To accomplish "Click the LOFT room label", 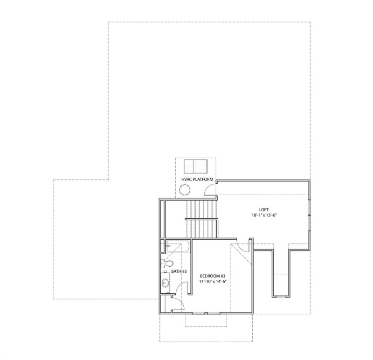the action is [264, 210].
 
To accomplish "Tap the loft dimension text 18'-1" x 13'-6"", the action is [264, 215].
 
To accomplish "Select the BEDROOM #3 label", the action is [213, 276].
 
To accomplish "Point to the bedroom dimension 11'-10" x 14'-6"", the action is [213, 281].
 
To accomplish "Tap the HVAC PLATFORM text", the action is [197, 180].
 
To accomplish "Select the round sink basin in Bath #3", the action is [166, 283].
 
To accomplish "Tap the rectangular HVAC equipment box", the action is [195, 166].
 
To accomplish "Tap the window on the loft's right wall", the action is [310, 215].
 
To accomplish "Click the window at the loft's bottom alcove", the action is [281, 297].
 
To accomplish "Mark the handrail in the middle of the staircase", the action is [201, 219].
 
